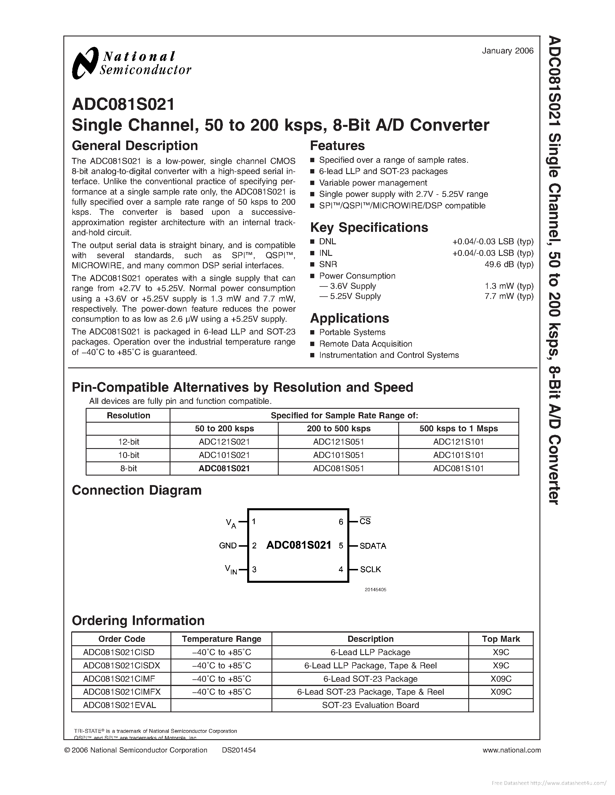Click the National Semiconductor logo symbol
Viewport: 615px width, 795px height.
85,63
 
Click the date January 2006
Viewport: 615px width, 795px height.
508,51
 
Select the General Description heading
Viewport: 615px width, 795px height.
135,146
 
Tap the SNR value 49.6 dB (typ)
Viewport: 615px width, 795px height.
508,264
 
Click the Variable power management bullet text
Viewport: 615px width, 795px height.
373,183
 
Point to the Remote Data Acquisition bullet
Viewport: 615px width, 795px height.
366,344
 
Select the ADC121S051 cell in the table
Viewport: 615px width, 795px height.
339,442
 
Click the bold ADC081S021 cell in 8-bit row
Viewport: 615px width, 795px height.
224,469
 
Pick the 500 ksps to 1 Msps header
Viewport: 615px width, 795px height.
458,428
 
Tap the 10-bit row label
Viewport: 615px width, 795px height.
128,455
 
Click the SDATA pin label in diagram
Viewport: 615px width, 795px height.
373,546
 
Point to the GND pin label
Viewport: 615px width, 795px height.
228,546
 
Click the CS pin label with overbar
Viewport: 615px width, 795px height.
365,521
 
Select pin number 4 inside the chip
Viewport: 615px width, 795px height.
341,569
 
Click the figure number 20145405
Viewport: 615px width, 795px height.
375,590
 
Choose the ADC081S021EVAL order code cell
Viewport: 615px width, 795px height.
120,705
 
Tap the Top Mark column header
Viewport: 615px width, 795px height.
501,639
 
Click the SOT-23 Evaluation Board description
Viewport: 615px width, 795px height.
370,705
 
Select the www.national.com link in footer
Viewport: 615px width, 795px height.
511,750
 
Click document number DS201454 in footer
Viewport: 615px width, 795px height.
239,750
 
